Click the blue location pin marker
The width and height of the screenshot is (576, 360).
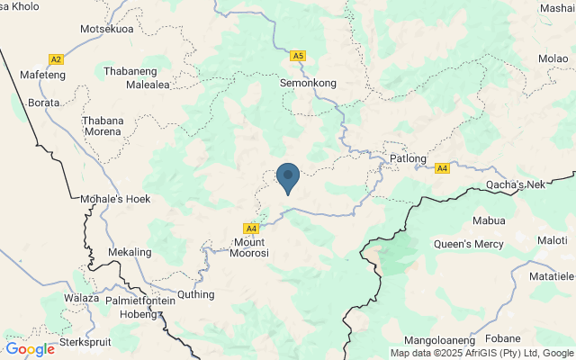[x=287, y=176]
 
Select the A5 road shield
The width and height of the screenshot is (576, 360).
[x=298, y=56]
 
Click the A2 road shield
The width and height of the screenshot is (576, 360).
[x=56, y=59]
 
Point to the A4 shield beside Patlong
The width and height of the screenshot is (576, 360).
[x=442, y=168]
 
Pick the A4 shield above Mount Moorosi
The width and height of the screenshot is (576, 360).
[x=251, y=229]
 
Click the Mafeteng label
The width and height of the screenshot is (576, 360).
[x=43, y=75]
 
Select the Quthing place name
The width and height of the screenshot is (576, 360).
[x=197, y=294]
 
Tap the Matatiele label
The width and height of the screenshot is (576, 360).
[x=550, y=277]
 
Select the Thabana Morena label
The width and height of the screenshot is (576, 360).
[x=101, y=125]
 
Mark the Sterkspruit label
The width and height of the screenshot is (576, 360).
[x=89, y=342]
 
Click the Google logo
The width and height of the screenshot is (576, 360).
[x=30, y=349]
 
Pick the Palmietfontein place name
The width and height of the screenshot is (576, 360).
[x=148, y=301]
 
